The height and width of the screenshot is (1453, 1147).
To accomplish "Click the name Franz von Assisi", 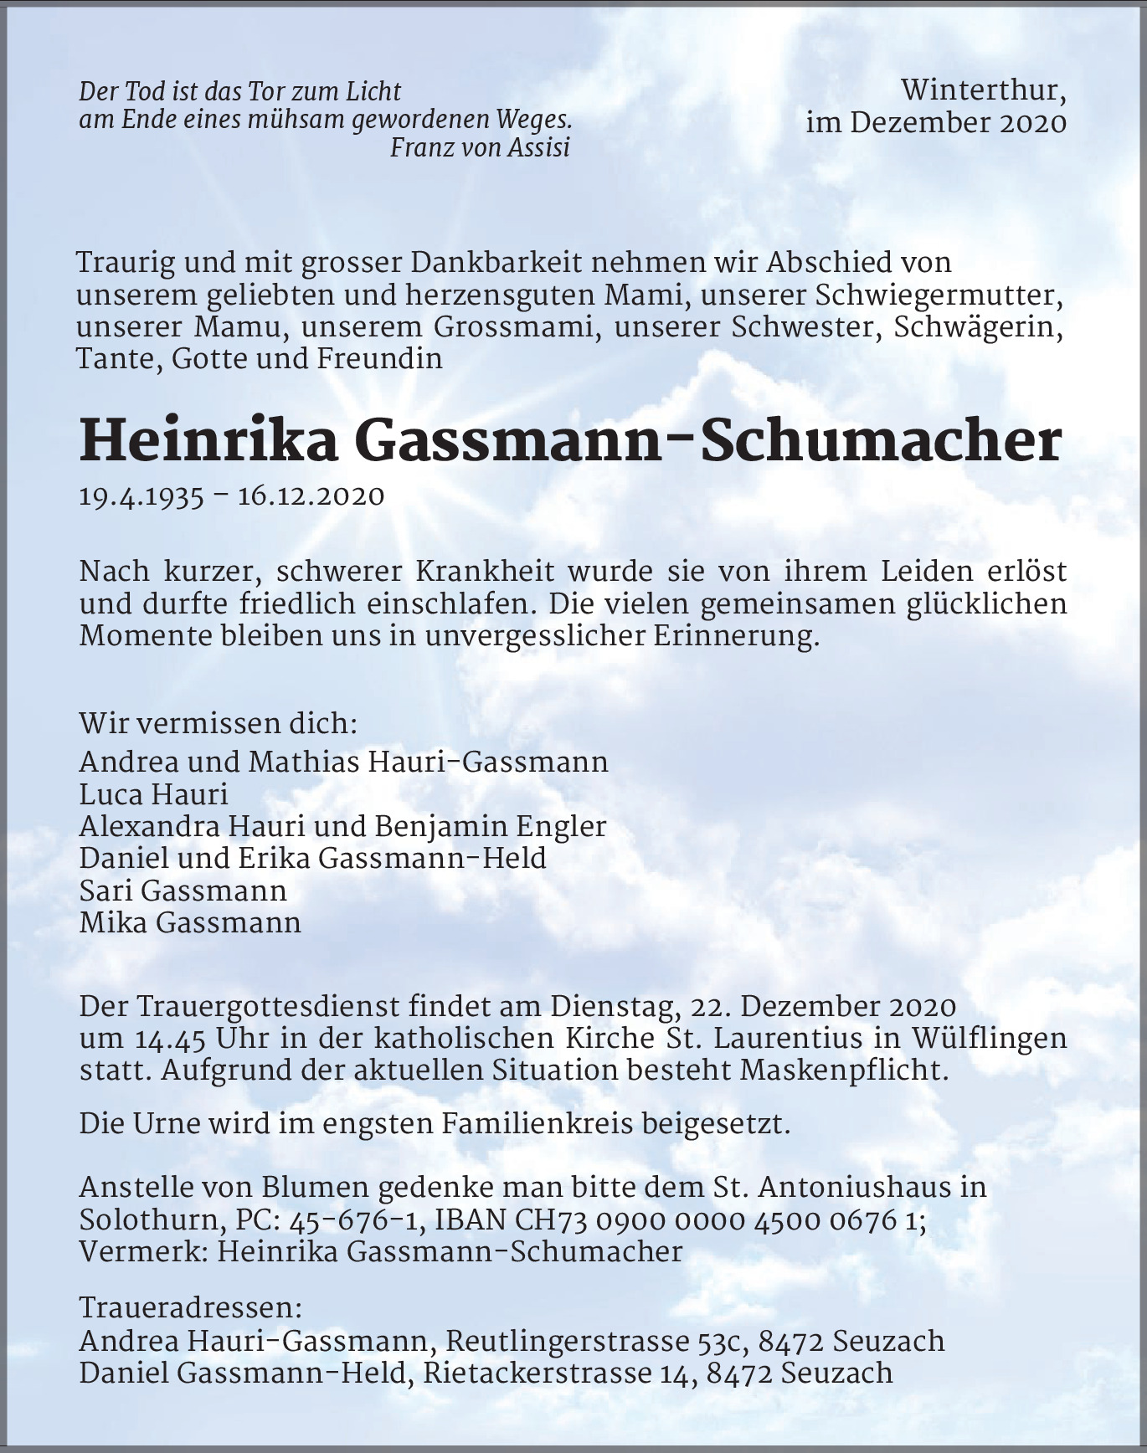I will click(480, 148).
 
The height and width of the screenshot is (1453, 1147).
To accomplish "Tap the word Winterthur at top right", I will click(984, 89).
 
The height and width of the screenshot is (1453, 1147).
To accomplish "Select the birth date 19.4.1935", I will click(141, 496).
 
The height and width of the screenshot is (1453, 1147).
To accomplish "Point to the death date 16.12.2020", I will click(311, 496).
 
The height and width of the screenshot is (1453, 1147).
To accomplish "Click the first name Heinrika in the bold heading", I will click(208, 443).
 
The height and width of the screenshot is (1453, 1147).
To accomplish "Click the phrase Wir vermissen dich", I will click(218, 723).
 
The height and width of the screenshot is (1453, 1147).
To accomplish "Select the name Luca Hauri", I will click(153, 794).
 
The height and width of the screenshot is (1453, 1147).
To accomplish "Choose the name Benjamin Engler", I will click(491, 826).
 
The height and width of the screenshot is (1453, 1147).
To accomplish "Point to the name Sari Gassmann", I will click(183, 891).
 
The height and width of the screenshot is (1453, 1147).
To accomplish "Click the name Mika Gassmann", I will click(190, 923).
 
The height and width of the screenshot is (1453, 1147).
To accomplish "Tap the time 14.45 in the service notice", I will click(170, 1039).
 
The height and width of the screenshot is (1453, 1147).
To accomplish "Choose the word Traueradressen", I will click(189, 1307).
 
